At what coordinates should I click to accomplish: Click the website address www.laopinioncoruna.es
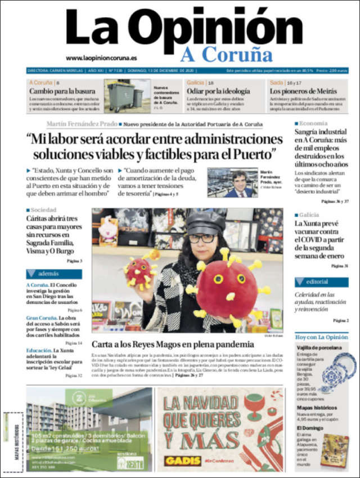pyautogui.click(x=101, y=57)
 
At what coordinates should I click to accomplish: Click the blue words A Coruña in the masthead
pyautogui.click(x=226, y=54)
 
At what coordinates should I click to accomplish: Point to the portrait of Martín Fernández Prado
pyautogui.click(x=232, y=182)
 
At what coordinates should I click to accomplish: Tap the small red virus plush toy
pyautogui.click(x=138, y=271)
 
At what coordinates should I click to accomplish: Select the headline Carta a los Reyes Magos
pyautogui.click(x=173, y=344)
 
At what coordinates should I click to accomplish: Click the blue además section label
pyautogui.click(x=53, y=274)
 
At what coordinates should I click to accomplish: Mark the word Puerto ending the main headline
pyautogui.click(x=253, y=153)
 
